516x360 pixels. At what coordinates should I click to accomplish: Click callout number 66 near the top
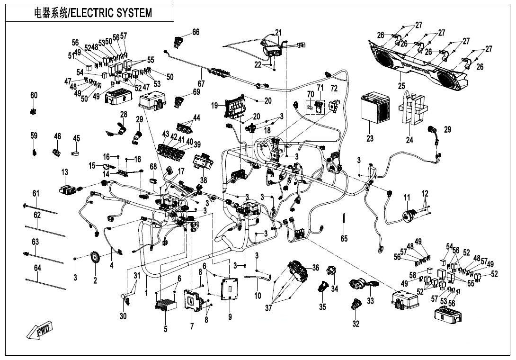pyautogui.click(x=196, y=32)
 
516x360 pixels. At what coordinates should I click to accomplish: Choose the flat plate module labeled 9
pyautogui.click(x=230, y=288)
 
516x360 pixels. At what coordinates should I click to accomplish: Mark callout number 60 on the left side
pyautogui.click(x=34, y=96)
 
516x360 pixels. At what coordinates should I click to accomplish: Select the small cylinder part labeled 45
pyautogui.click(x=76, y=153)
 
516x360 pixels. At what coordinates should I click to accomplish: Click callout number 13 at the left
pyautogui.click(x=64, y=171)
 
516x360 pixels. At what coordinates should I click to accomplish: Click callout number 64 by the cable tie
pyautogui.click(x=37, y=269)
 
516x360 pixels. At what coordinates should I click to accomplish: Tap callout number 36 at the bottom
pyautogui.click(x=315, y=268)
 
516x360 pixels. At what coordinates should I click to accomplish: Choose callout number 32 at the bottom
pyautogui.click(x=356, y=324)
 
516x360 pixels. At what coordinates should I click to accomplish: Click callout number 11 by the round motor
pyautogui.click(x=406, y=197)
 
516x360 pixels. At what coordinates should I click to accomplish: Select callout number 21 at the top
pyautogui.click(x=278, y=32)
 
